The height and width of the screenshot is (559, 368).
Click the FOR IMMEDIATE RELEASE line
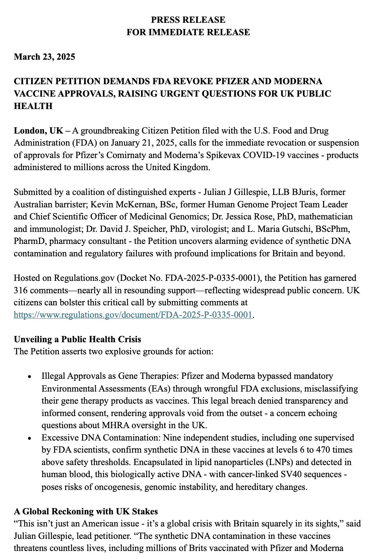coord(188,32)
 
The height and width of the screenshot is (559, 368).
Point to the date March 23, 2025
coord(44,57)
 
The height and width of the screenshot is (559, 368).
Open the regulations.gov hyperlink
coord(133,315)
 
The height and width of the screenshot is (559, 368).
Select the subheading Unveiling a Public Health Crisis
coord(77,339)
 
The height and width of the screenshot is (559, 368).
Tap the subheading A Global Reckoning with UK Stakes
coord(86,511)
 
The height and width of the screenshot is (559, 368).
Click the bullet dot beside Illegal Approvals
coord(30,376)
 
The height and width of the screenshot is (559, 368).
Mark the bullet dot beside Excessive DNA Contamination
coord(30,438)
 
